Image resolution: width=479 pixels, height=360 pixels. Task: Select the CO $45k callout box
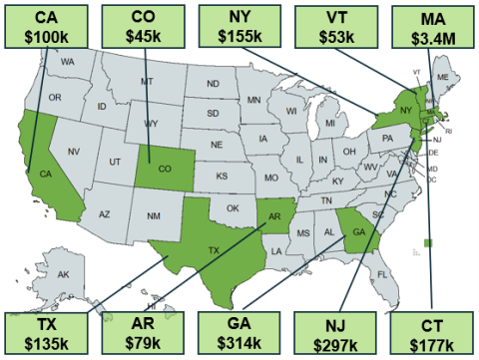pyautogui.click(x=143, y=25)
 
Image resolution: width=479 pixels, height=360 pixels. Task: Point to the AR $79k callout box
pyautogui.click(x=143, y=334)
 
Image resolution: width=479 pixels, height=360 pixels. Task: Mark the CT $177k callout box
pyautogui.click(x=431, y=334)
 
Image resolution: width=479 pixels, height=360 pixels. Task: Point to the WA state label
pyautogui.click(x=68, y=62)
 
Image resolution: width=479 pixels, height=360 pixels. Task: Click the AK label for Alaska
pyautogui.click(x=63, y=275)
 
